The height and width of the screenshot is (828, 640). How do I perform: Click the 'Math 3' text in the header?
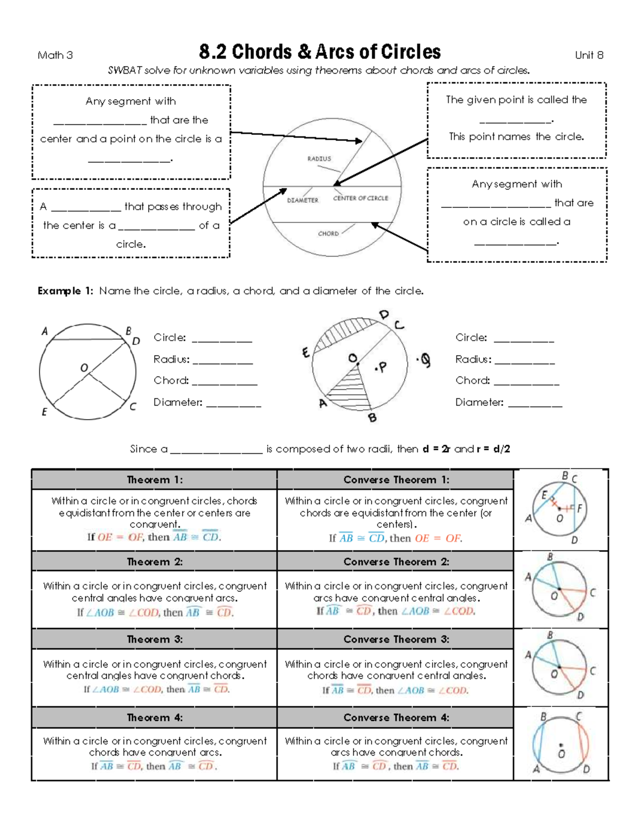tap(55, 55)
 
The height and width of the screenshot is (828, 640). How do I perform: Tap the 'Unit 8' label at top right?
tap(589, 55)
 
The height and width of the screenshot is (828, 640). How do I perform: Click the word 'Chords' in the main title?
tap(262, 52)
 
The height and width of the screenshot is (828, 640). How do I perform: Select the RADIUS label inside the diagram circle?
tap(319, 158)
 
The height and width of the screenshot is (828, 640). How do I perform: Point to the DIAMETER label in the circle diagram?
tap(302, 200)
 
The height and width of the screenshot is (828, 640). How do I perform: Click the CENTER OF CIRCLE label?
tap(361, 198)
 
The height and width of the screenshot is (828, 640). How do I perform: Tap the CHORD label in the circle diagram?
tap(328, 234)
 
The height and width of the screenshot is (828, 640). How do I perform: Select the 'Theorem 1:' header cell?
tap(155, 480)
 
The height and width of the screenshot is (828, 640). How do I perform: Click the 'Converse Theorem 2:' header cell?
tap(396, 561)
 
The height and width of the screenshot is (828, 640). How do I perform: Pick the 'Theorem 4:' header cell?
tap(155, 718)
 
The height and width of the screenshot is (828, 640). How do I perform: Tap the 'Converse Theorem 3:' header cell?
tap(396, 639)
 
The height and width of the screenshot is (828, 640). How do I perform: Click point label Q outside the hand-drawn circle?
tap(425, 361)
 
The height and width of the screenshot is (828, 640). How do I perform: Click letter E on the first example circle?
tap(44, 412)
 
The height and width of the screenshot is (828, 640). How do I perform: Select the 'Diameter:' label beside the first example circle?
tap(178, 403)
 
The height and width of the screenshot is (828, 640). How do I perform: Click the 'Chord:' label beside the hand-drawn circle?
tap(472, 381)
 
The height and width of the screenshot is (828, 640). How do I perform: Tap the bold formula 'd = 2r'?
tap(436, 449)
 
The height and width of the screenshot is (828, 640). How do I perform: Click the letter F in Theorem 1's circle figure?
tap(580, 508)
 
